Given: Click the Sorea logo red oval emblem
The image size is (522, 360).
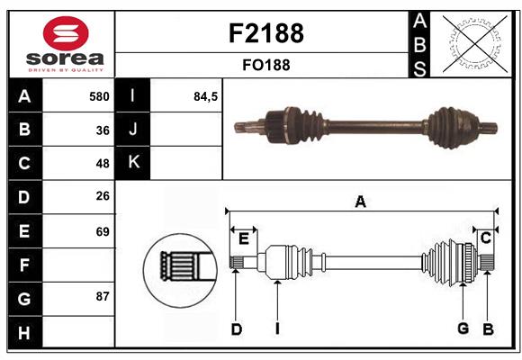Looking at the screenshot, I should (x=66, y=34).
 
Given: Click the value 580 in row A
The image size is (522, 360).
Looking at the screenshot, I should (x=99, y=96).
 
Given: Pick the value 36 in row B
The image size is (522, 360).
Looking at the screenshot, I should (x=103, y=130).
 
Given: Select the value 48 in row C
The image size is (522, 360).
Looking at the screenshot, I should (x=103, y=164).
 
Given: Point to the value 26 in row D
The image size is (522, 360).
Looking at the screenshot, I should (x=103, y=197).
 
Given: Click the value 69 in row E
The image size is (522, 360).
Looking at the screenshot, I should (x=103, y=231).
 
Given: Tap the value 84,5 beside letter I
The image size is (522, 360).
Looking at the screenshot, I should (x=206, y=96).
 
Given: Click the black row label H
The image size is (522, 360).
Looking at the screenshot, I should (x=24, y=332).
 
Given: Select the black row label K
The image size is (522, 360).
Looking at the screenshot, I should (x=133, y=163).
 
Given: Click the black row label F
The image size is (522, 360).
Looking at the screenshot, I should (x=24, y=265).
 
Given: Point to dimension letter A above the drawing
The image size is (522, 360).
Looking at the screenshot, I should (x=360, y=202).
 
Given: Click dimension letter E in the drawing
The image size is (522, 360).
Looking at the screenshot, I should (x=244, y=238).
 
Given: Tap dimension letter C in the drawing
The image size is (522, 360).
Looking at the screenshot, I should (x=485, y=238).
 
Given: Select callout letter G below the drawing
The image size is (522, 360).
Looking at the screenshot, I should (x=463, y=328).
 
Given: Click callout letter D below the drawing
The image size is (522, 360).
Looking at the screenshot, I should (x=236, y=329).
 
